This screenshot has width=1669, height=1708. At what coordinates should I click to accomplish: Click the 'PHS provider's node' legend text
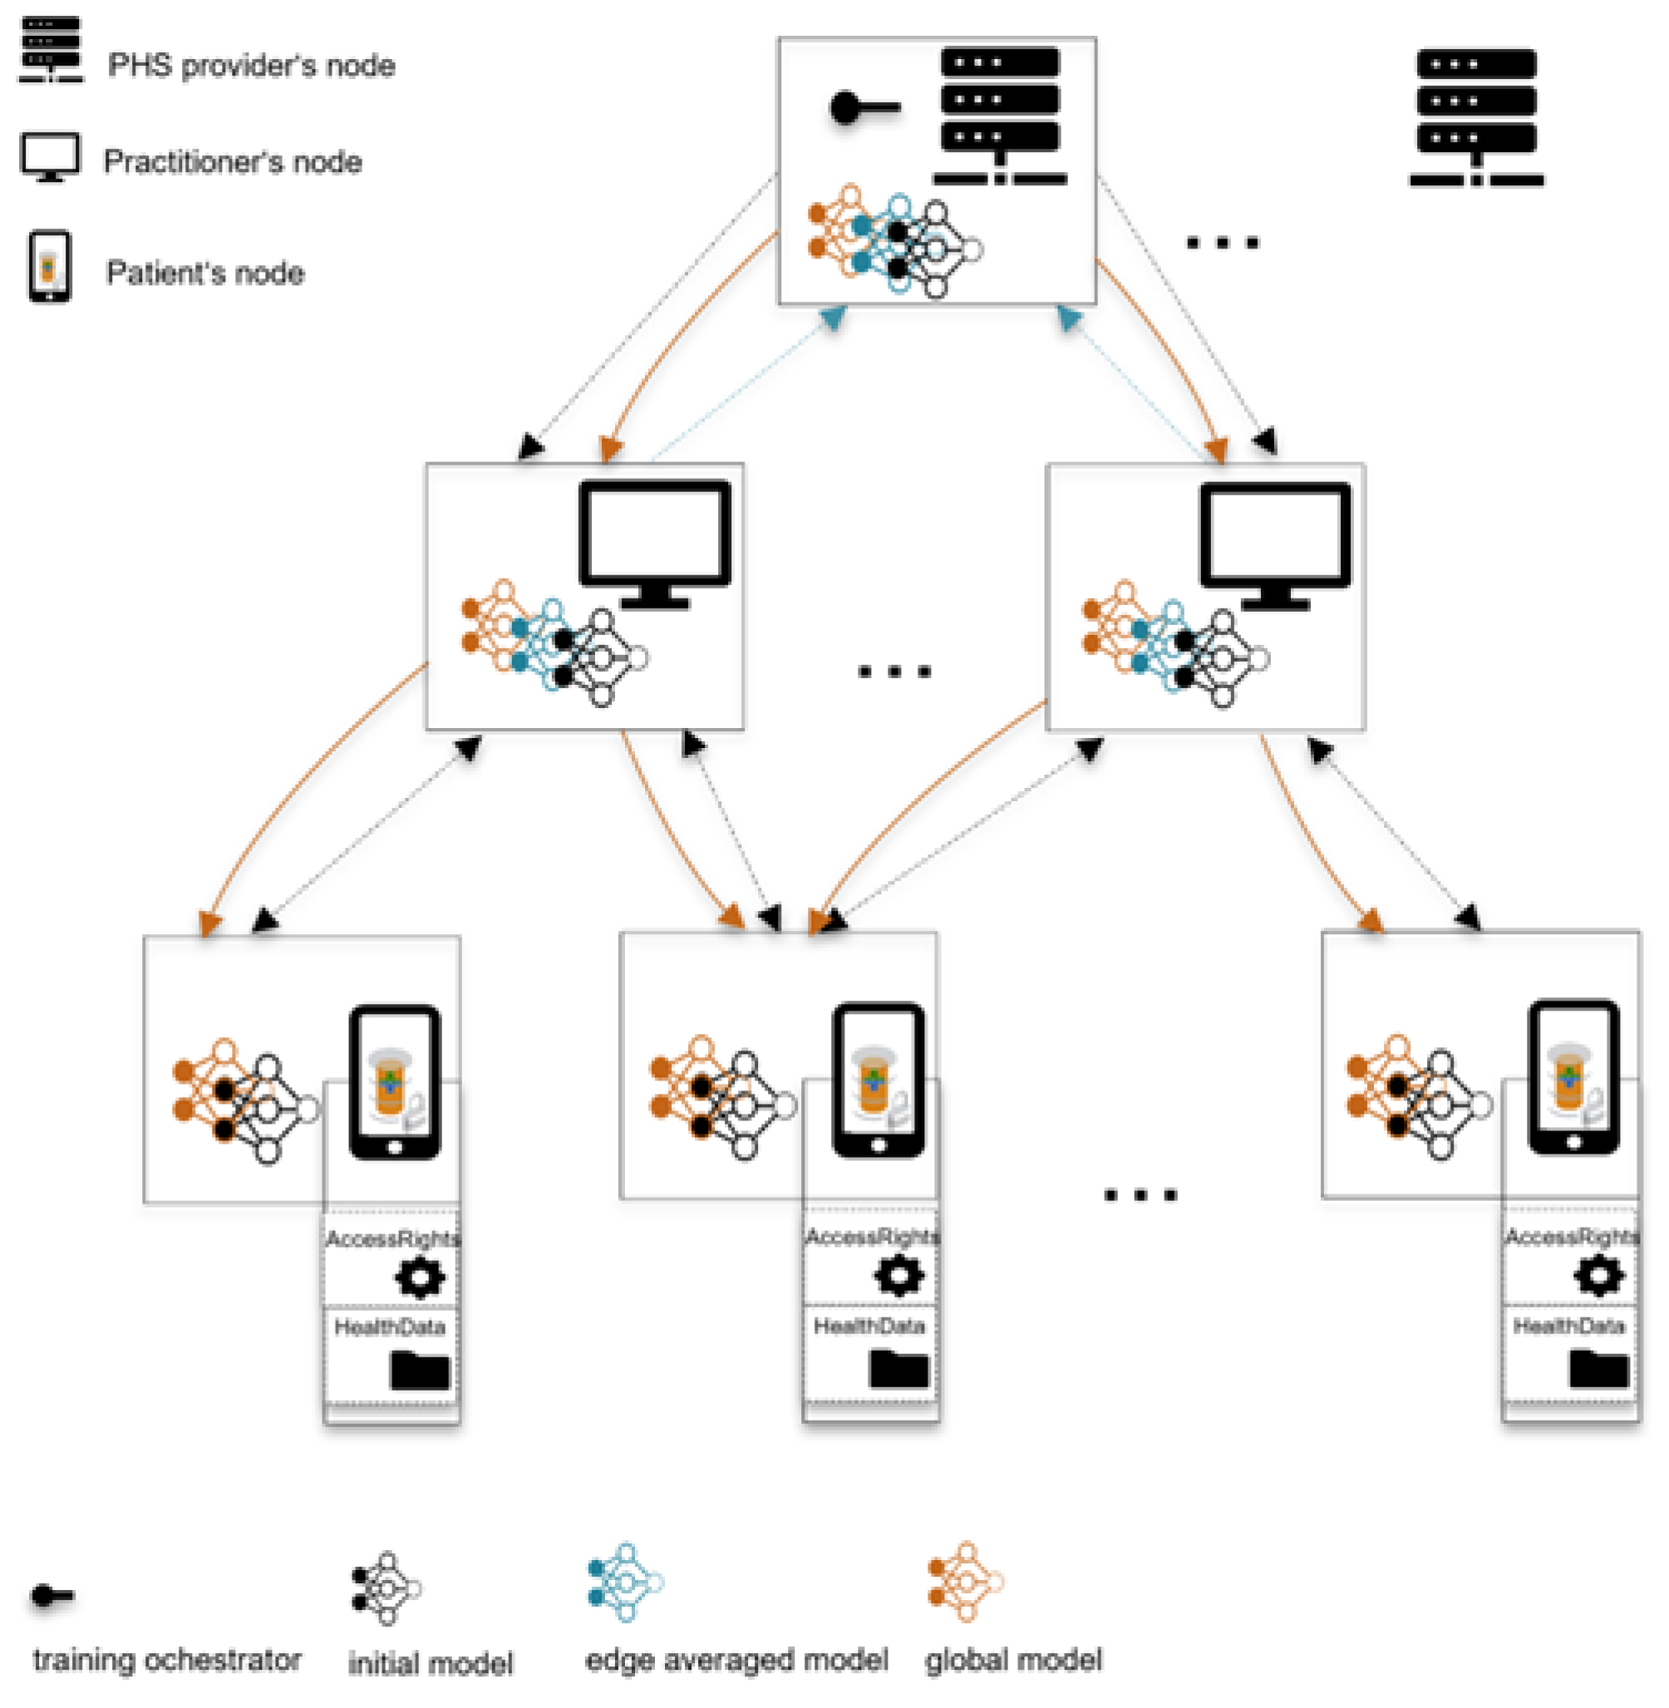point(251,66)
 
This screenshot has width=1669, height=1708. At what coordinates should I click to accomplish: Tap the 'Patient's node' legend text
point(205,273)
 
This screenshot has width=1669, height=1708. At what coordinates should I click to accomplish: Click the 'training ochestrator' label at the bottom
point(166,1660)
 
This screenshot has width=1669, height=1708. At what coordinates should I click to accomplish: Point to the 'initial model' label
point(431,1663)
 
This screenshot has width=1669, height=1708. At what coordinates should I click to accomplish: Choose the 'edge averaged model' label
point(736,1660)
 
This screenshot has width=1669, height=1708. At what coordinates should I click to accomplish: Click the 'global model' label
point(1013,1660)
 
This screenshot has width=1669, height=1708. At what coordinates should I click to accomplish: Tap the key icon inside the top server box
point(864,109)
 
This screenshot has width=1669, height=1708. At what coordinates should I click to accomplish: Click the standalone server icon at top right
point(1476,117)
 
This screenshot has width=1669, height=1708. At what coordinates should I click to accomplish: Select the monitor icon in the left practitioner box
point(655,544)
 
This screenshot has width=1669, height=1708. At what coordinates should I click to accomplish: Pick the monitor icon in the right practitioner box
point(1275,545)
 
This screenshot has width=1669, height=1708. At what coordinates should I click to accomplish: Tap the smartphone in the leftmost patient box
point(395,1082)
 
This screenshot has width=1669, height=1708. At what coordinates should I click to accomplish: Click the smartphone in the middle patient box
point(879,1080)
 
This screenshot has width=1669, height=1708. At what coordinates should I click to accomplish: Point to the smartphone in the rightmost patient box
point(1573,1077)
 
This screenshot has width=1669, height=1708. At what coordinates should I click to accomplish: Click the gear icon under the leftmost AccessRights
point(421,1277)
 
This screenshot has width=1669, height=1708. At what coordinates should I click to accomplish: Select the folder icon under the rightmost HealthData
point(1599,1368)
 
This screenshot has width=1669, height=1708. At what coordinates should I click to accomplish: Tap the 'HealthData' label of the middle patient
point(869,1326)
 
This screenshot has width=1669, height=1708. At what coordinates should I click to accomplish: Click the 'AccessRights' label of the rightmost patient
point(1572,1237)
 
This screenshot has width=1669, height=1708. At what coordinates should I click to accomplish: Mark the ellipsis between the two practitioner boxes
point(894,672)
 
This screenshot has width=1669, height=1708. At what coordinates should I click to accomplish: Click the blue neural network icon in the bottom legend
point(625,1582)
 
